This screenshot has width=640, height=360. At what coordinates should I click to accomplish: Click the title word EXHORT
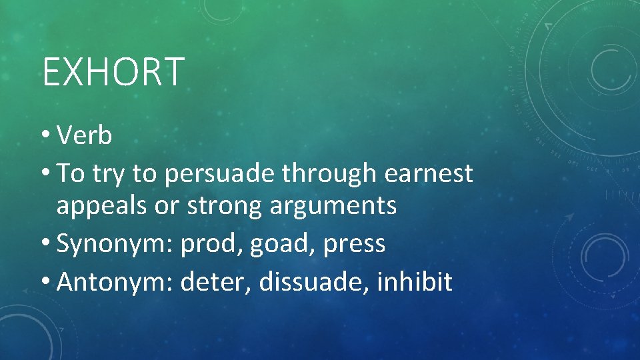[113, 72]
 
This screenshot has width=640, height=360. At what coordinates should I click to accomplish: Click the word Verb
[85, 136]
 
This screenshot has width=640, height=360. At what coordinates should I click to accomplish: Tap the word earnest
[429, 174]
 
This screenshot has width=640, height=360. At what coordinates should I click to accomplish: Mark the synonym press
[355, 245]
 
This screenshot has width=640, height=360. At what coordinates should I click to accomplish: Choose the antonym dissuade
[313, 282]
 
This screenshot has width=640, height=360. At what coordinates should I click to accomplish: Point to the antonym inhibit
[415, 282]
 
